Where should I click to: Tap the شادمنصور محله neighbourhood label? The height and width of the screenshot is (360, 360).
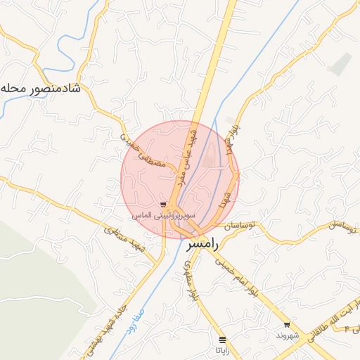coord(41,89)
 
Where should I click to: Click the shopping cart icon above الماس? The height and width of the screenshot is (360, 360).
coord(163,204)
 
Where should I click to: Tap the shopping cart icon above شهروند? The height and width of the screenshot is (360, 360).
coord(287,325)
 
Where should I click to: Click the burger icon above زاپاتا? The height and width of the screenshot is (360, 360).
coord(223,339)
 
